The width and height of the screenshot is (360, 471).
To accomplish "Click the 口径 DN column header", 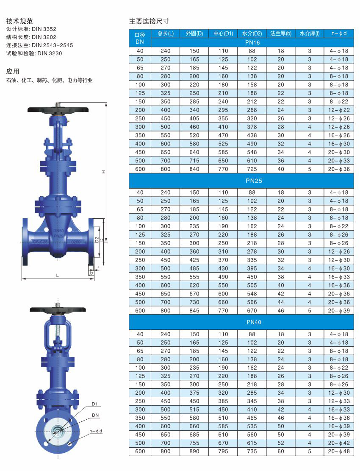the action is [x=140, y=38].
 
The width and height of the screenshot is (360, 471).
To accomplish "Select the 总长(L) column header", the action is [x=165, y=33].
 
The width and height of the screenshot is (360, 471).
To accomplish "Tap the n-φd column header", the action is [x=339, y=33].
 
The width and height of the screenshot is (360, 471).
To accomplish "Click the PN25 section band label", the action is [x=254, y=181].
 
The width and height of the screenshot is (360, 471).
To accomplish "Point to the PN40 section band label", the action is [x=254, y=322].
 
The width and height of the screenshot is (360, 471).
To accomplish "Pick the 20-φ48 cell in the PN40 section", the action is [x=339, y=451].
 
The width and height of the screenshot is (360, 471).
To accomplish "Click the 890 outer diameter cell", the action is [x=194, y=451].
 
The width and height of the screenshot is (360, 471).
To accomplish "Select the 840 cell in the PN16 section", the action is [x=194, y=169].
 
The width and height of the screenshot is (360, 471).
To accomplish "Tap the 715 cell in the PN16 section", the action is [x=194, y=161].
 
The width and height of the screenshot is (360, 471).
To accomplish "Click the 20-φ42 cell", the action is [x=339, y=443].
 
